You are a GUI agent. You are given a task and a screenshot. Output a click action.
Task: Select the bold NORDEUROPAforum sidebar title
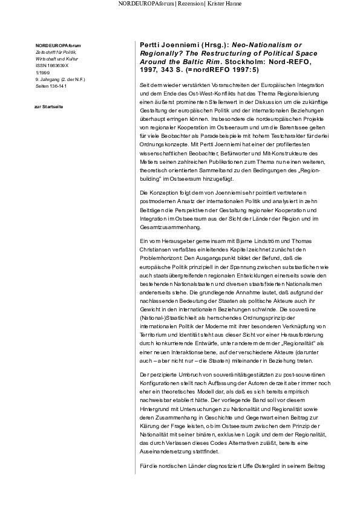coord(58,46)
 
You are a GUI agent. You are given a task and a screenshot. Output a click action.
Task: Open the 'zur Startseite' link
coord(50,107)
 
